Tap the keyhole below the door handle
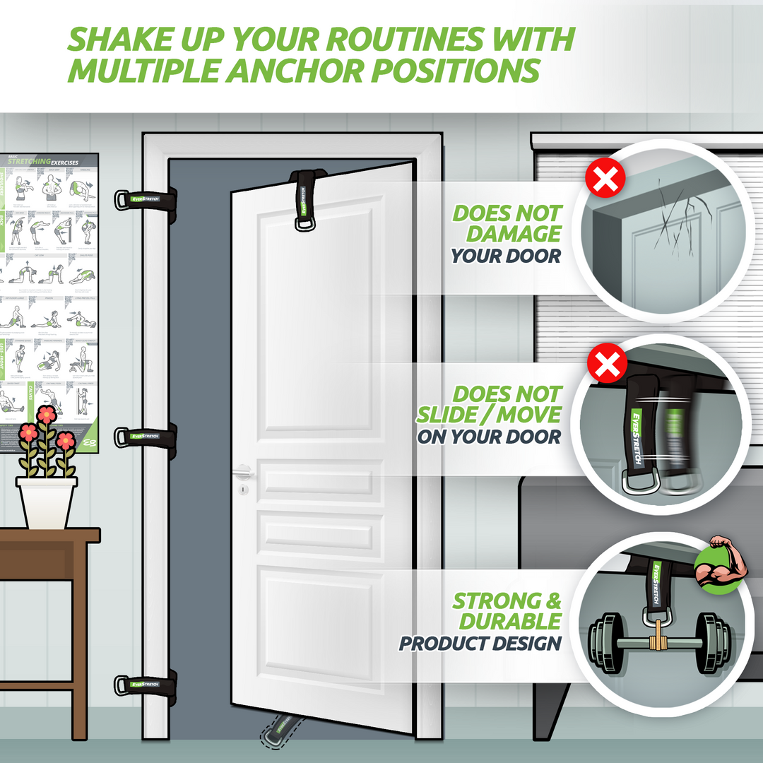tap(243, 489)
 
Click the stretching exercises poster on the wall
tap(49, 300)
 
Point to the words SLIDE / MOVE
tap(488, 415)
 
